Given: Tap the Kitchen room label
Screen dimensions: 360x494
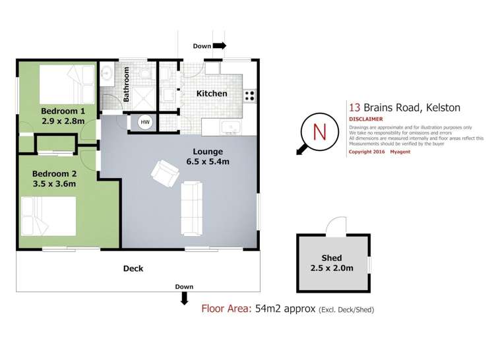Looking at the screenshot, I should pos(212,94).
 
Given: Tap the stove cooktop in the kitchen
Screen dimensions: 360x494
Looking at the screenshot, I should pos(250,94).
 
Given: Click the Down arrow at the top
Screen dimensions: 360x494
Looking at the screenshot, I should pos(220,46).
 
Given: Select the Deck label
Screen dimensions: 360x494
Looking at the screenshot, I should pos(133,268).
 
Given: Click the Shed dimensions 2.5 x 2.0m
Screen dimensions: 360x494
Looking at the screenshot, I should pos(333,268).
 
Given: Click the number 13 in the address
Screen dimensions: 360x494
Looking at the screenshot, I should pos(354,107).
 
